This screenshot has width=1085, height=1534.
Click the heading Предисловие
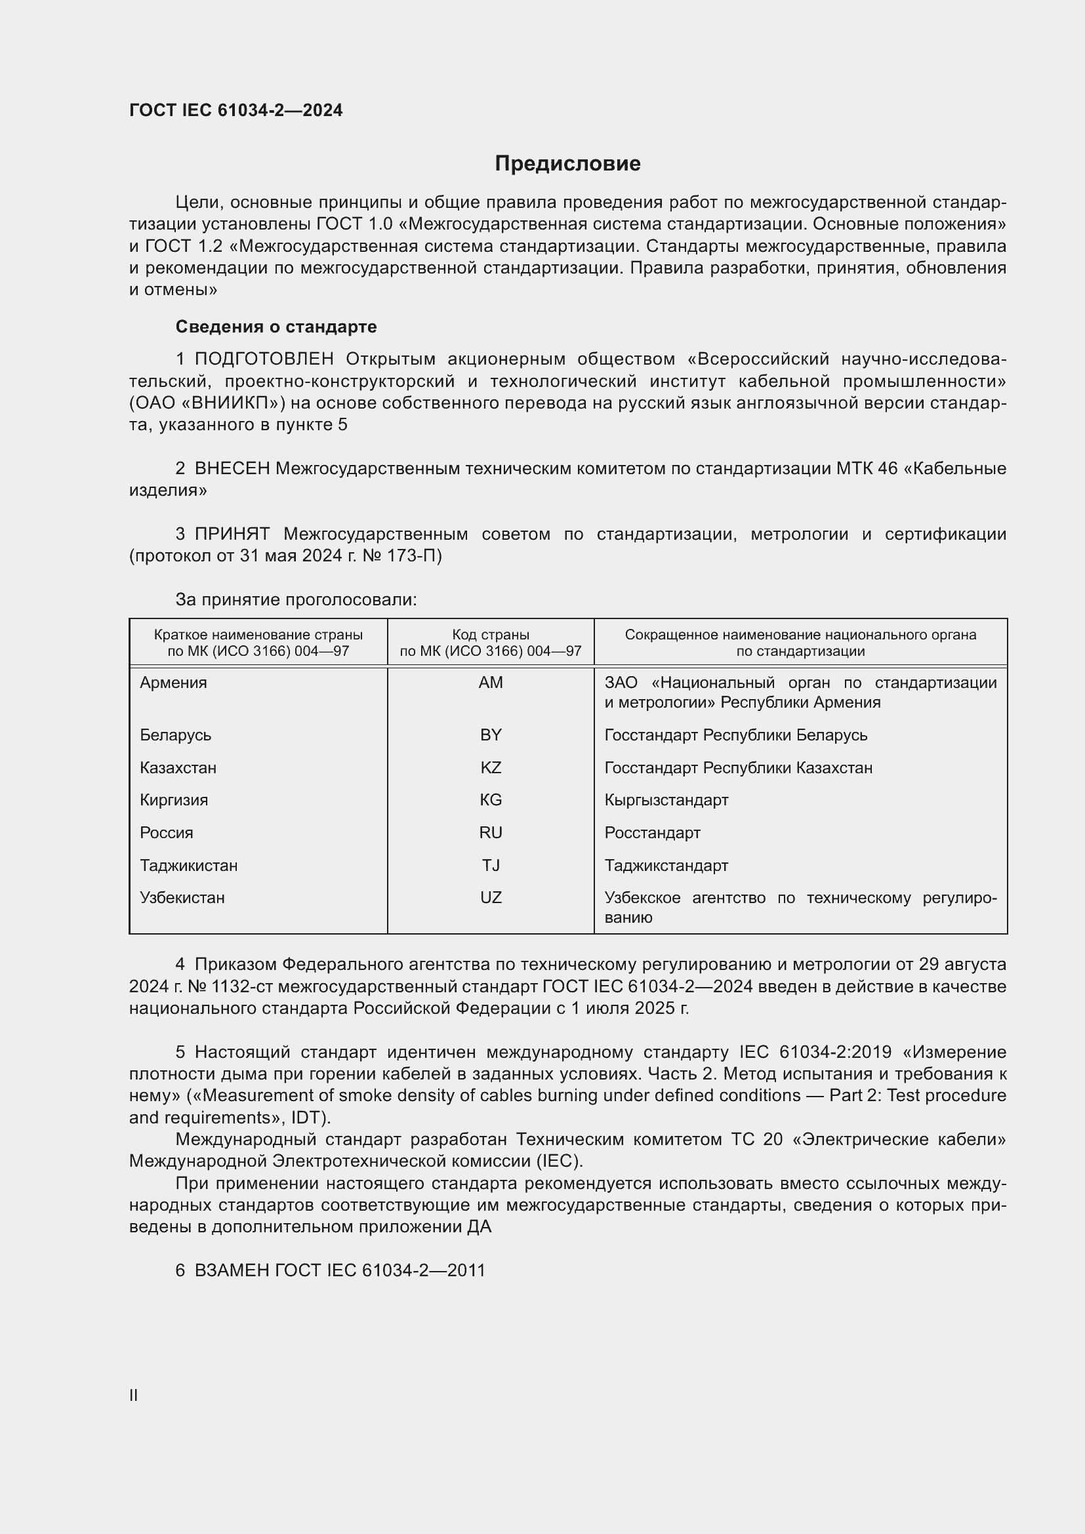click(567, 164)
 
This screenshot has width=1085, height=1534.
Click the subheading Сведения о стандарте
click(276, 327)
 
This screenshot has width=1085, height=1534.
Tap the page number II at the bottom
click(134, 1395)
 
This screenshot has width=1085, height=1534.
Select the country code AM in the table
click(491, 683)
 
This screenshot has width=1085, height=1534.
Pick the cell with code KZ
click(491, 768)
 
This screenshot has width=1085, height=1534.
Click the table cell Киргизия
click(174, 799)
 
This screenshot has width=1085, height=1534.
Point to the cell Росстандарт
click(652, 832)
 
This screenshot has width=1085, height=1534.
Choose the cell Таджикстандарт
click(666, 865)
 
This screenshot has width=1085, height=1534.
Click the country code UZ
click(491, 897)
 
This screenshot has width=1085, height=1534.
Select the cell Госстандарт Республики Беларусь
click(735, 735)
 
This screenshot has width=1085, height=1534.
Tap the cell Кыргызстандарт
click(666, 799)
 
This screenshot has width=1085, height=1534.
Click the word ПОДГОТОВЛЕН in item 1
click(264, 359)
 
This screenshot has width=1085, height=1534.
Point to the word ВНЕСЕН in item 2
click(232, 468)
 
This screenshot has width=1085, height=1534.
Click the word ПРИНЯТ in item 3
click(232, 534)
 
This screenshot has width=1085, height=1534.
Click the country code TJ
click(491, 865)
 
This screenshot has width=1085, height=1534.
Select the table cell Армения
click(174, 683)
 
